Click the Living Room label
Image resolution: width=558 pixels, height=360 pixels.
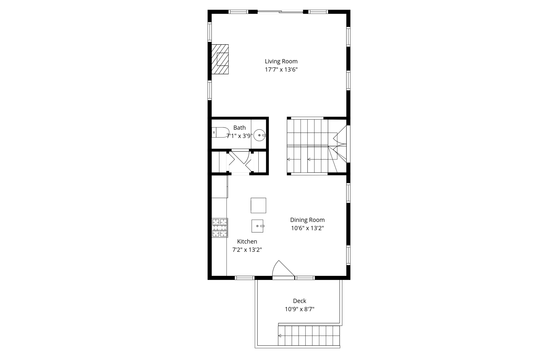coord(281,61)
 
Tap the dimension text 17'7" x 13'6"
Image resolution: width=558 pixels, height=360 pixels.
coord(281,69)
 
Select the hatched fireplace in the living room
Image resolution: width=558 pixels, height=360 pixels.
coord(220,59)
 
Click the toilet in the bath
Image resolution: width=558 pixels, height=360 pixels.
coord(220,132)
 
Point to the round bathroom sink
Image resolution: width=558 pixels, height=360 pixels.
coord(259,135)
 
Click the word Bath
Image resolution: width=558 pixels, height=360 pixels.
coord(239,128)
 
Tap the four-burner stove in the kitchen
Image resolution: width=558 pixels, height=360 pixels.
coord(220,228)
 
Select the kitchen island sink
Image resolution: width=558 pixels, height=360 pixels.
coord(257,226)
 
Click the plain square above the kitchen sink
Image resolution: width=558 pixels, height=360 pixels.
coord(258,205)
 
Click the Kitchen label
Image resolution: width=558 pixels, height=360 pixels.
coord(247,241)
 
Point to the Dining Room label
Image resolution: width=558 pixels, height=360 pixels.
coord(307,220)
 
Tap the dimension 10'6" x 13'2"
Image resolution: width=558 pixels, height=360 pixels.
coord(307,228)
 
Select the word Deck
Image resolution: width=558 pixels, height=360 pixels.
coord(299,301)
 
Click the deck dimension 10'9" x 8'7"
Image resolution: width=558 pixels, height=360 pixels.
coord(299,309)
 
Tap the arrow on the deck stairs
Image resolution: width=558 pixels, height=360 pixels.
coord(280,336)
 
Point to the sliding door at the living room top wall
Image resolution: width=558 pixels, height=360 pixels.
coord(280,12)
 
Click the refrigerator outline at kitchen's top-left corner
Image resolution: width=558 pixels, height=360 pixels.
coord(220,186)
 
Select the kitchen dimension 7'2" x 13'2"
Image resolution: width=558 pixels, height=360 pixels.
coord(247,250)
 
